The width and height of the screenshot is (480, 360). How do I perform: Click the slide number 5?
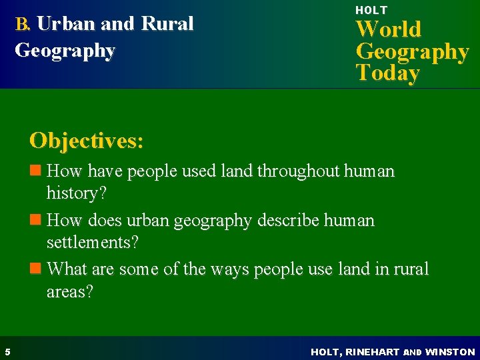6,351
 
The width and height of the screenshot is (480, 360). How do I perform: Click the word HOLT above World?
371,10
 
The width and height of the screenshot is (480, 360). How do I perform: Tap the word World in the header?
389,29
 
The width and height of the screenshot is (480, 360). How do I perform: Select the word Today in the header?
387,73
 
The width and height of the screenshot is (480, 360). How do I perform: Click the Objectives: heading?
86,141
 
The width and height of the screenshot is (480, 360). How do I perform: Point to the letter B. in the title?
23,25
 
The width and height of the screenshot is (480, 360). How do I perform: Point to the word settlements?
93,243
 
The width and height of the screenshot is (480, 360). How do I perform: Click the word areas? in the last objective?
70,291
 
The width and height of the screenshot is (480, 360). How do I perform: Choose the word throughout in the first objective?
299,171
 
